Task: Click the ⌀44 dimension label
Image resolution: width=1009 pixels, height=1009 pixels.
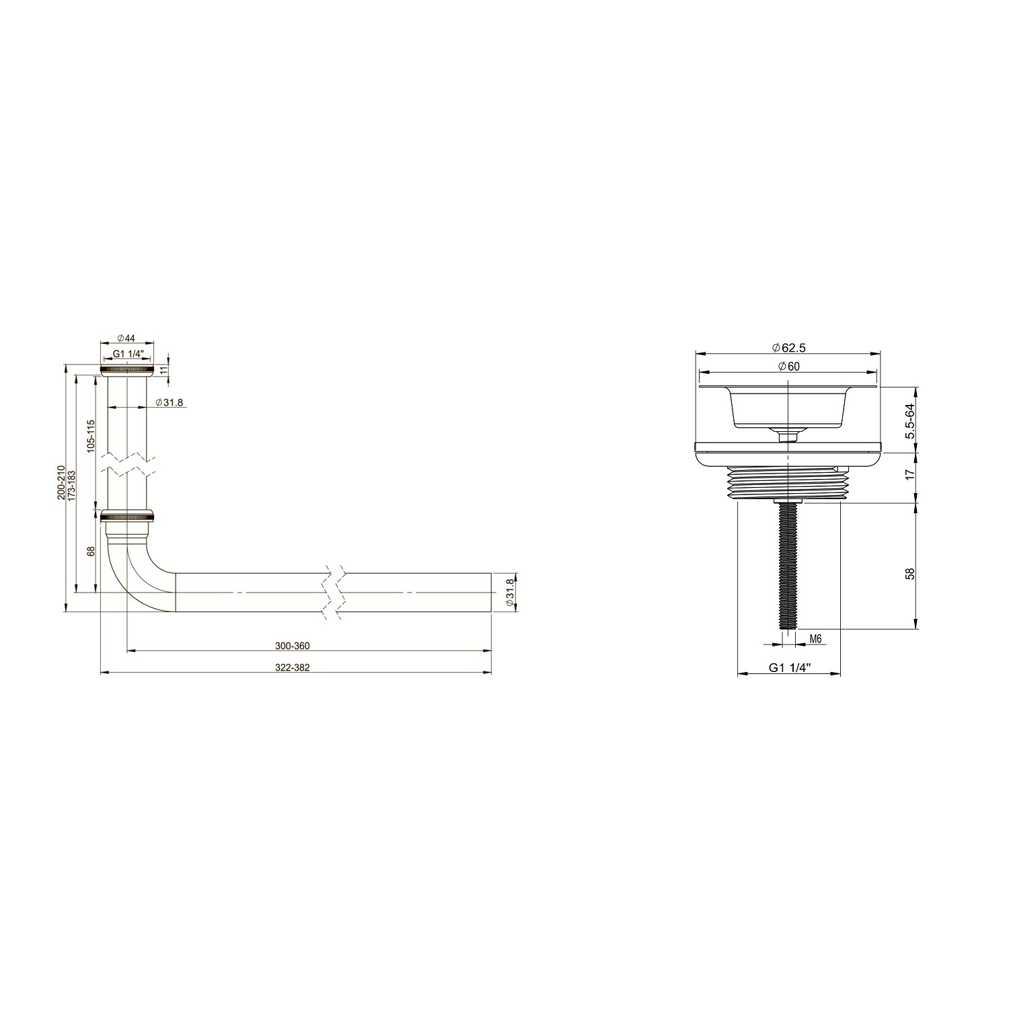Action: tap(126, 338)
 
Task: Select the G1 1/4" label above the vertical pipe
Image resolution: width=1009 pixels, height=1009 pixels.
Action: tap(128, 354)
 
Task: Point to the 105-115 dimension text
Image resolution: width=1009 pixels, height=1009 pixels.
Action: tap(91, 435)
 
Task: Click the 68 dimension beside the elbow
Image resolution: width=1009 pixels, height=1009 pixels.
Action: tap(91, 551)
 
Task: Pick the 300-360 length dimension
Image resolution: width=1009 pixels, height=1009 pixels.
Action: tap(292, 646)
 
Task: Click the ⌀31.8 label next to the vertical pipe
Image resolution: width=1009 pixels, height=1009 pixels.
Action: tap(169, 402)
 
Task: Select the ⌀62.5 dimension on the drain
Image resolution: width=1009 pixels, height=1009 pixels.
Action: tap(789, 348)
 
